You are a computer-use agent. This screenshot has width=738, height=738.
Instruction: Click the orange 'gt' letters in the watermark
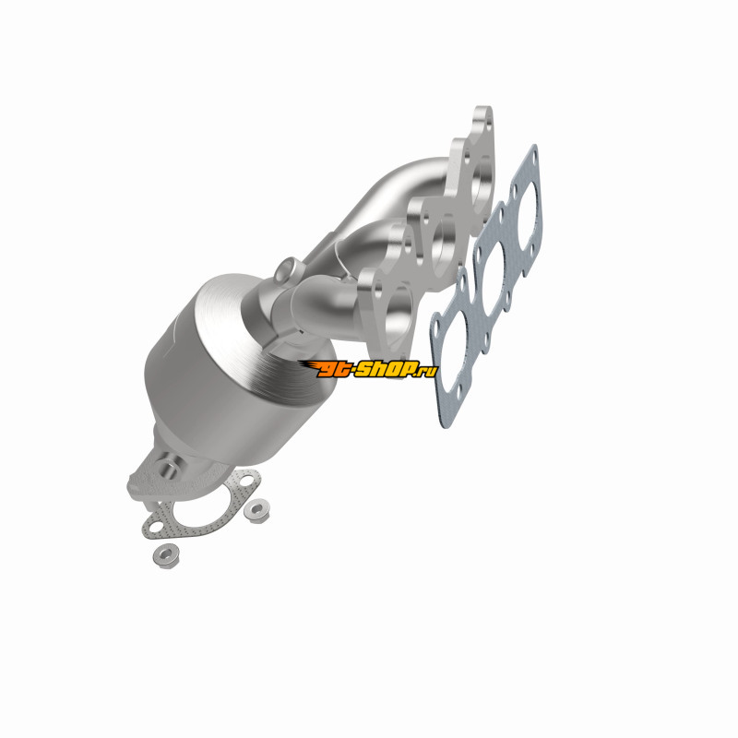click(x=331, y=368)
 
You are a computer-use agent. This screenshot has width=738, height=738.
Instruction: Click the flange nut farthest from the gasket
click(x=166, y=555)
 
